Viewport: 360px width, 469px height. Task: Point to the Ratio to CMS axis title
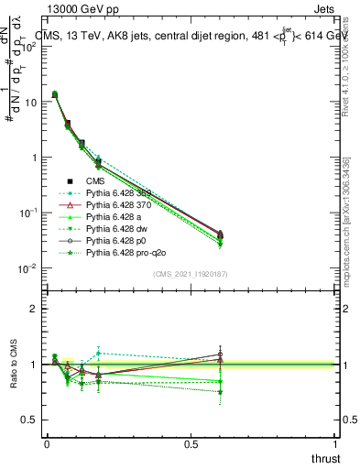[x=14, y=365]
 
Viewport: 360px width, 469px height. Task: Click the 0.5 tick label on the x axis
[x=191, y=443]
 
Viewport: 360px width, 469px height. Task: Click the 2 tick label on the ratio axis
[x=32, y=309]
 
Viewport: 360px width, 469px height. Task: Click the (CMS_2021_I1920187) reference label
[x=191, y=274]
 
